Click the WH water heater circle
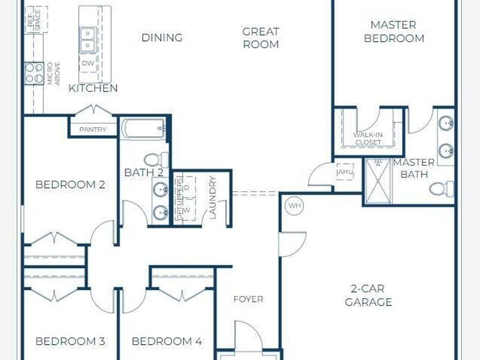pos(295,205)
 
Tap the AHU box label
pos(345,172)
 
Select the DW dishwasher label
pos(88,63)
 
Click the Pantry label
pos(93,129)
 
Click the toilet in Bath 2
pos(156,159)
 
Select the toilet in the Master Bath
pos(442,188)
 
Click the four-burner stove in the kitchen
pos(34,73)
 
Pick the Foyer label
pos(248,299)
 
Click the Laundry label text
pos(213,197)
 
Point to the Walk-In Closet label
pos(368,138)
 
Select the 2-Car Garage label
pos(368,295)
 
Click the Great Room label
pos(261,37)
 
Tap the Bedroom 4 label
pos(167,341)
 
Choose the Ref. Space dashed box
pos(36,19)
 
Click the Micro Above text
pos(53,74)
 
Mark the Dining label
pos(162,37)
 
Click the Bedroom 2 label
pos(70,185)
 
